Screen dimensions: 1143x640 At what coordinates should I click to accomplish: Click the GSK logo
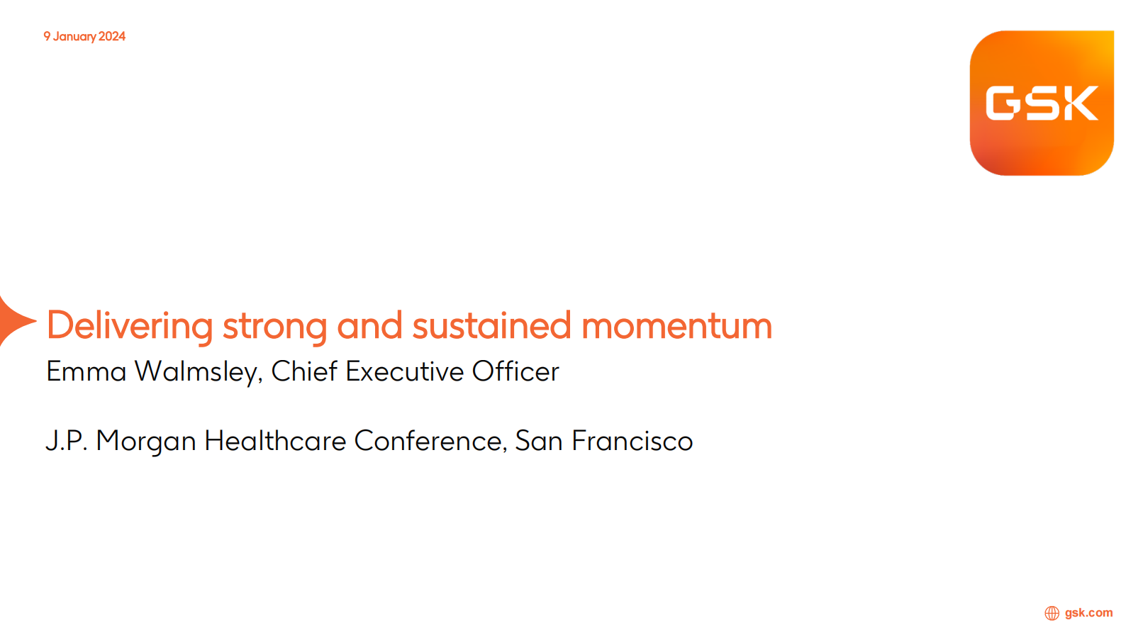tap(1042, 103)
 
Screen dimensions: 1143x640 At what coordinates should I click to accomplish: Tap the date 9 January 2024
tap(84, 37)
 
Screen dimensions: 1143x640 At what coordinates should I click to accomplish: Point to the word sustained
tap(491, 325)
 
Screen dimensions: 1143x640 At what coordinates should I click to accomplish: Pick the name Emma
tap(87, 371)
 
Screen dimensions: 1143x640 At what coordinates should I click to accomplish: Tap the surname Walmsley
tap(199, 372)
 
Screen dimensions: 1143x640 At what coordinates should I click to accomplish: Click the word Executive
tap(404, 371)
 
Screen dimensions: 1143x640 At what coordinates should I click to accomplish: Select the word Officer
tap(515, 371)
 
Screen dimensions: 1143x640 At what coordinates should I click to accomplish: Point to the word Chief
tap(304, 371)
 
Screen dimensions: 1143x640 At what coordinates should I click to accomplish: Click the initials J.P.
tap(67, 441)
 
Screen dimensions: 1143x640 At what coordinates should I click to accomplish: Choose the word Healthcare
tap(275, 440)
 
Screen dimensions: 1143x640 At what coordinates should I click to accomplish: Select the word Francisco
tap(632, 441)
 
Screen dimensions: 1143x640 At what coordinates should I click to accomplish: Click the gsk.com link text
tap(1088, 613)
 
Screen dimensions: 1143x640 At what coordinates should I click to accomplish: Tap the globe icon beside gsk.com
tap(1052, 613)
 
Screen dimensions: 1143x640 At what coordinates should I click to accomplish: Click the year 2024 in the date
tap(112, 37)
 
